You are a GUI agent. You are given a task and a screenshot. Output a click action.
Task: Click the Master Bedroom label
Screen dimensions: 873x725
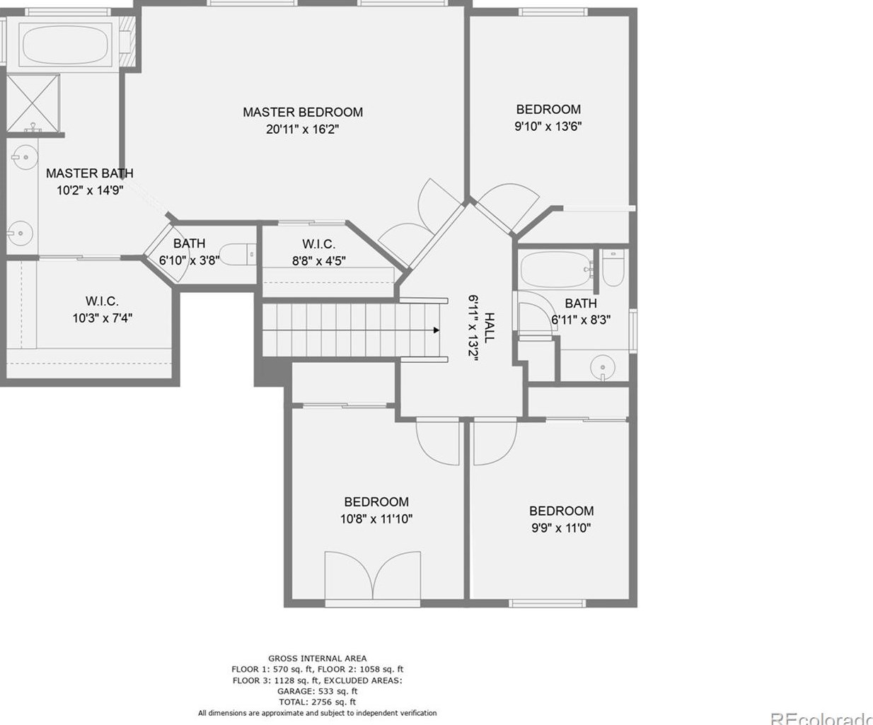[x=303, y=112]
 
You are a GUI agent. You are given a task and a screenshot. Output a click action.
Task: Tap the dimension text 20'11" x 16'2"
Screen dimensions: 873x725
[x=302, y=129]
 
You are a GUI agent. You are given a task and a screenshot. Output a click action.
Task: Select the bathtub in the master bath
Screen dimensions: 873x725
[x=65, y=44]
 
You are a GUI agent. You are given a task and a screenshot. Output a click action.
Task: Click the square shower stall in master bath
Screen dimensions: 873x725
[x=33, y=103]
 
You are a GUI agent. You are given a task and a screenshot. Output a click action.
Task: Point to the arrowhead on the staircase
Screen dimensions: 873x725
[x=436, y=330]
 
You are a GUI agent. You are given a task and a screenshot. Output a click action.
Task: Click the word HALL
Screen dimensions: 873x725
[x=489, y=327]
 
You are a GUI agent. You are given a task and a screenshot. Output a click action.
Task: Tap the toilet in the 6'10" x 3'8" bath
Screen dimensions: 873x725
[x=238, y=254]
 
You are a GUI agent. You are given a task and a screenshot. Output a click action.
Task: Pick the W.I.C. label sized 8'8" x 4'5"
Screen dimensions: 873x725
[x=318, y=244]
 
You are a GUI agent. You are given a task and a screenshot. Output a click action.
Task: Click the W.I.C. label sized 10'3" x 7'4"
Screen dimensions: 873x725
[x=102, y=301]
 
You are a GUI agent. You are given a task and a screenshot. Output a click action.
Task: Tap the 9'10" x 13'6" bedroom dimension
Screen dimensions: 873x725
[x=548, y=127]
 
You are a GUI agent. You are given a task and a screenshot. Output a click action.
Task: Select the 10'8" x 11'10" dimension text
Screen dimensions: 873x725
[x=376, y=519]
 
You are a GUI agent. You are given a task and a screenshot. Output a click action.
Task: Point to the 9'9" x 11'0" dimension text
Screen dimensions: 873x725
[x=561, y=528]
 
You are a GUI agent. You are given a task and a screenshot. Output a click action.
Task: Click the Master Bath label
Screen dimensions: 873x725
[x=89, y=173]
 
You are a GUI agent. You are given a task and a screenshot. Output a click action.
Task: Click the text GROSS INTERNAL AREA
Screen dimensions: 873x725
[x=318, y=659]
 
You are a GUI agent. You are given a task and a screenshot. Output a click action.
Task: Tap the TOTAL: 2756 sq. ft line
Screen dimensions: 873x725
[x=318, y=702]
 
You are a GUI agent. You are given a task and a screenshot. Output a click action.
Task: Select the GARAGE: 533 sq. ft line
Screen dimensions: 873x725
[x=318, y=691]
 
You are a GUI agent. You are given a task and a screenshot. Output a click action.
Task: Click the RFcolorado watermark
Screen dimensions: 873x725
[x=821, y=719]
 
